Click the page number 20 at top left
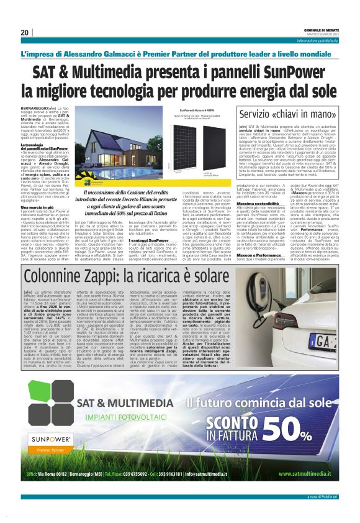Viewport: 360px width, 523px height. click(x=25, y=32)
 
